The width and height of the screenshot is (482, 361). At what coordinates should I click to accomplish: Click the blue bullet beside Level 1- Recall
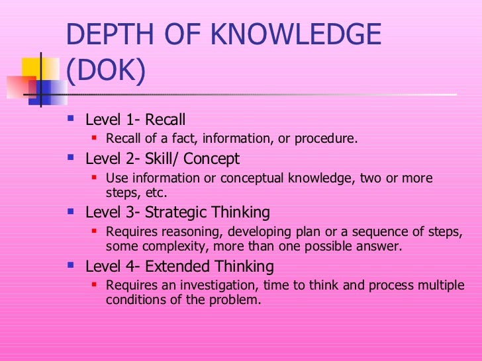point(72,120)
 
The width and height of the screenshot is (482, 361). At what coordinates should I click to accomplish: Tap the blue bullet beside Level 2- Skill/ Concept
point(72,159)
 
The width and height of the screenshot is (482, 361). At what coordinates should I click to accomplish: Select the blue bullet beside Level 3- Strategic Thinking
point(72,213)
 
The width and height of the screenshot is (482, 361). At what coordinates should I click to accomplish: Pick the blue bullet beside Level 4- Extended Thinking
point(72,266)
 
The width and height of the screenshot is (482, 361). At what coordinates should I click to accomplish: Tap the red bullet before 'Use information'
point(95,179)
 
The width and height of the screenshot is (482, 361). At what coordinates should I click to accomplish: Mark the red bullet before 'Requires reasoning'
point(95,232)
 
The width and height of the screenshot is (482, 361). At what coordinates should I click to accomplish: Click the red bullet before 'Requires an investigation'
point(95,286)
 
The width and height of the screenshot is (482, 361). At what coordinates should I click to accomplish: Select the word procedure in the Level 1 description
point(328,139)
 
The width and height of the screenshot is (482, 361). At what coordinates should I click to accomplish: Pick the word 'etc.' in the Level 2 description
point(156,193)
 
